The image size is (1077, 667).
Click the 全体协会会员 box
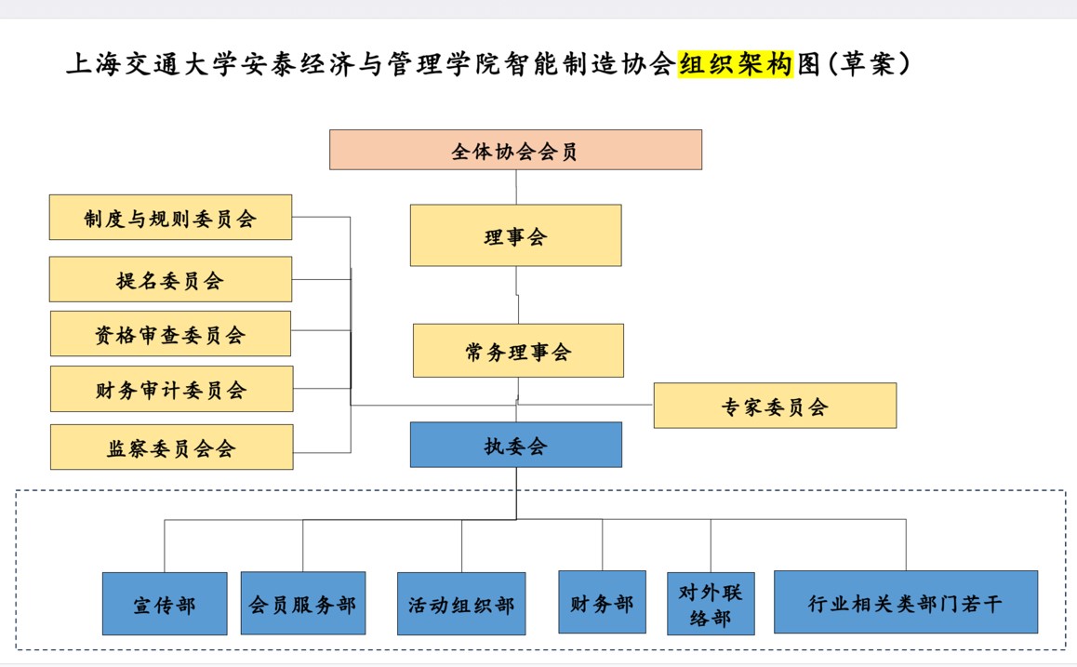[515, 150]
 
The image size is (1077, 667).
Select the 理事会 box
[515, 235]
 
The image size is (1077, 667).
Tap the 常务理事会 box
[518, 351]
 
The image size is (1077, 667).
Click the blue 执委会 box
[515, 445]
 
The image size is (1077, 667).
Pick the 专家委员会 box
[775, 406]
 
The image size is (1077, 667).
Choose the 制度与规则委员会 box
[170, 218]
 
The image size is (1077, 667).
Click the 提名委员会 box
[170, 279]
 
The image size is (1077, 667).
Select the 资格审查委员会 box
[170, 334]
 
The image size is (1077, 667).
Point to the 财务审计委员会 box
[171, 389]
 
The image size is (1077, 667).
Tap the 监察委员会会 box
[171, 447]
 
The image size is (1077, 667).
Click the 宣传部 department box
[165, 604]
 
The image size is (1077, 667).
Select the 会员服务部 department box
[303, 604]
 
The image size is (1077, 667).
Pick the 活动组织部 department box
[461, 604]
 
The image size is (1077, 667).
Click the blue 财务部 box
[602, 603]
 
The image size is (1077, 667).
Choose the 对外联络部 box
[711, 604]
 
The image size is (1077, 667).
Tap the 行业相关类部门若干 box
[906, 603]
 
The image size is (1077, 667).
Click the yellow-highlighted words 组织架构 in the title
[736, 64]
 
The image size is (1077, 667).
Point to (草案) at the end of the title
[866, 64]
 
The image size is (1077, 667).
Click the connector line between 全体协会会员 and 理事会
[516, 187]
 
